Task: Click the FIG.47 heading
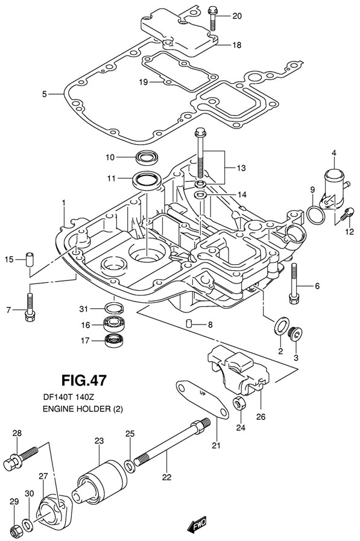tap(84, 380)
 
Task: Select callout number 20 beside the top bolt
tap(237, 16)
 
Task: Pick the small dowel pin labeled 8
tap(189, 324)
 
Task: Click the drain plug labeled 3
tap(295, 334)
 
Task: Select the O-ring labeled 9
tap(316, 215)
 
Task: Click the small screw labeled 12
tap(346, 214)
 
